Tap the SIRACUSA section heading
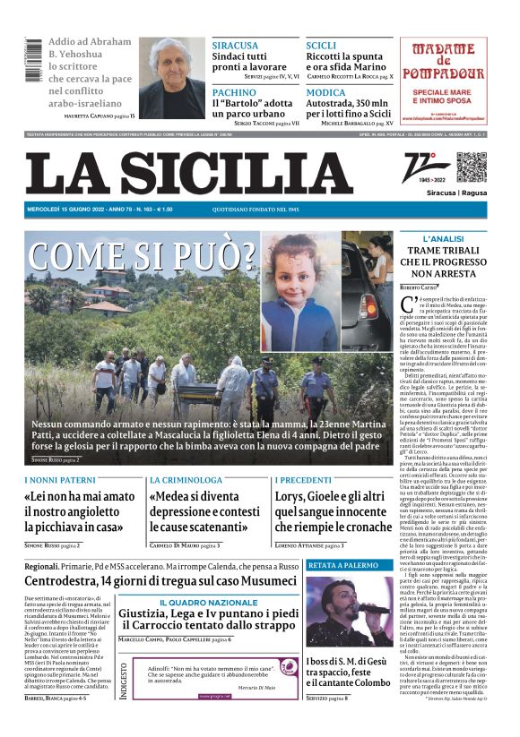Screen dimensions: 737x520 (x=234, y=45)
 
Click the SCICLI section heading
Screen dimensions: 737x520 (x=321, y=45)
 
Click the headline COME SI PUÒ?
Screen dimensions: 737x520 (x=143, y=256)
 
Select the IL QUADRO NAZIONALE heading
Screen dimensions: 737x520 (x=208, y=603)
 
